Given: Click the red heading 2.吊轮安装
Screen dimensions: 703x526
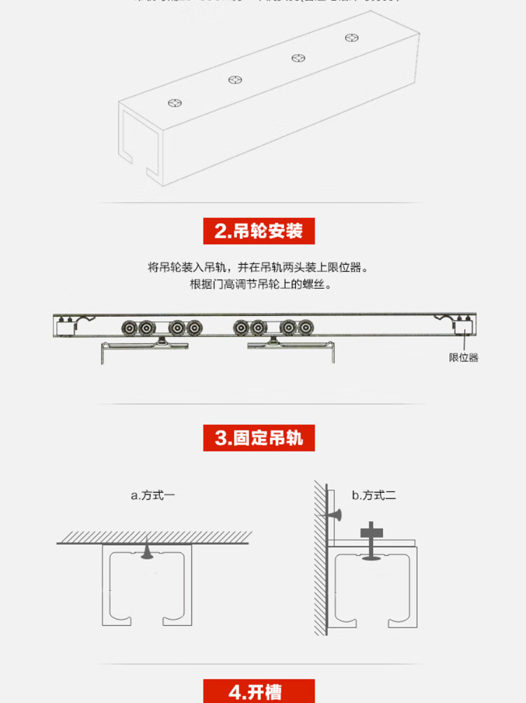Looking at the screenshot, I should (259, 231).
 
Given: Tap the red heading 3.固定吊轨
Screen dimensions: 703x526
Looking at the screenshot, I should (259, 438).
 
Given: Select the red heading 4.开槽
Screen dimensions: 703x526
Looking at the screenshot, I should (259, 691).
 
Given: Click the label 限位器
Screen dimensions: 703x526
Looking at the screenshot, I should (464, 357).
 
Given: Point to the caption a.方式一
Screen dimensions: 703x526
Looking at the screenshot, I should (153, 496).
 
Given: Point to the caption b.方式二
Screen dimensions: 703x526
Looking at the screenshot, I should (374, 496).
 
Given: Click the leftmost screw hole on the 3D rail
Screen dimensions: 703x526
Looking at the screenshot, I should (175, 104).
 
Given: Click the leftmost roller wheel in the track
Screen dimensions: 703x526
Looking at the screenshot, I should (129, 327).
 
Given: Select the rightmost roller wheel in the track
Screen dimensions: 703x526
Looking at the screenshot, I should (305, 327).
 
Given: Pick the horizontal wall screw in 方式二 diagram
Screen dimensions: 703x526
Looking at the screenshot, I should (334, 516).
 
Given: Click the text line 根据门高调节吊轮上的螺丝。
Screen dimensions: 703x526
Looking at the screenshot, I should (259, 285).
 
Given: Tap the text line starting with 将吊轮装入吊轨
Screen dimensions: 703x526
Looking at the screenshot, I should (258, 267).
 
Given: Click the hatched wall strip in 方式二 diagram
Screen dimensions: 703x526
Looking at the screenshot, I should (320, 561).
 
